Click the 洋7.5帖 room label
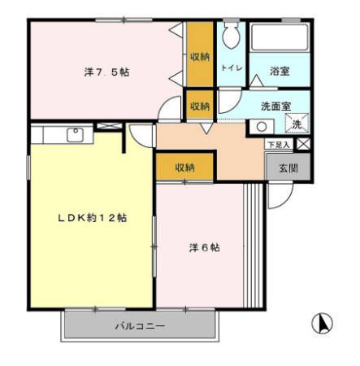(x=106, y=72)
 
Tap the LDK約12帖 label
(x=91, y=218)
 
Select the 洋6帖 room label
(x=204, y=247)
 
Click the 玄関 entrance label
(x=288, y=168)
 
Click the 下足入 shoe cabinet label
(x=280, y=144)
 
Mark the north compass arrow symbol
(x=323, y=323)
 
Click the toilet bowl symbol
(x=231, y=34)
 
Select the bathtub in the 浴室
(x=280, y=38)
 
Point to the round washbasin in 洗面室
(x=262, y=126)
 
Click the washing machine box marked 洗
(x=297, y=124)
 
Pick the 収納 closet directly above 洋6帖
(x=184, y=167)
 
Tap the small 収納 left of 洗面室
(x=200, y=107)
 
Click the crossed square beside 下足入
(x=303, y=144)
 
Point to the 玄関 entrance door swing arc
(x=280, y=194)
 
